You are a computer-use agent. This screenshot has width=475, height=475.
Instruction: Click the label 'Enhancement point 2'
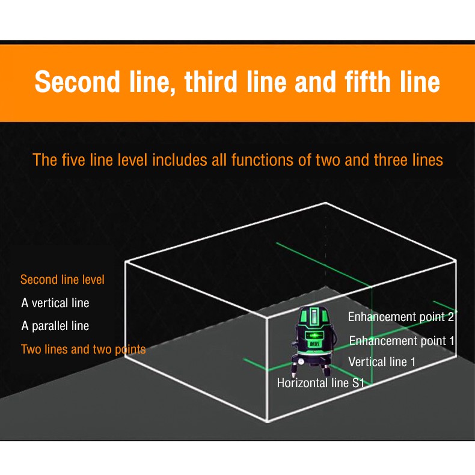(x=400, y=317)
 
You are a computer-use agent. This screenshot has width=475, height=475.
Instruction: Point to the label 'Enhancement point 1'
(x=402, y=341)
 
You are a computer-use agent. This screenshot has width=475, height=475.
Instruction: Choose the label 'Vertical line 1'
(x=382, y=362)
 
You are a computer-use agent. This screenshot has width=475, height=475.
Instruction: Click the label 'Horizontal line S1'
(x=320, y=383)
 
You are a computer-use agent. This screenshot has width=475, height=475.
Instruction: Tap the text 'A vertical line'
(x=55, y=303)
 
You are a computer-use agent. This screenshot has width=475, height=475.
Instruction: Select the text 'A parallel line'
(x=55, y=326)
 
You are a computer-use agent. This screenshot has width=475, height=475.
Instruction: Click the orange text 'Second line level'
(x=63, y=280)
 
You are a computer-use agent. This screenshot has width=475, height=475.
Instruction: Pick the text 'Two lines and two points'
(x=83, y=349)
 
